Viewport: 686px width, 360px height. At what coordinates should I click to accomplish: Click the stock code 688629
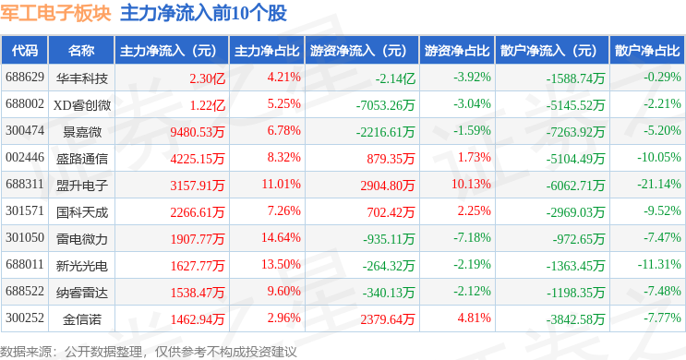pos(25,78)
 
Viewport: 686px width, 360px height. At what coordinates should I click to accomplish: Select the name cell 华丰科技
pos(82,78)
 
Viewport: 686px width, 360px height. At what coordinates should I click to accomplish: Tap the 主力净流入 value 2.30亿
pos(208,78)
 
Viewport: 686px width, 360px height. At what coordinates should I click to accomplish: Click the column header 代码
pos(25,51)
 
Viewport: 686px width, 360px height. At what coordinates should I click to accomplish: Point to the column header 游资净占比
pos(457,51)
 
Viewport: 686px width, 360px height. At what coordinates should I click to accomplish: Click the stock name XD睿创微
pos(82,105)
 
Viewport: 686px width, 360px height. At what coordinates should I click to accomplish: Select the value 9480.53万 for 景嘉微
pos(198,132)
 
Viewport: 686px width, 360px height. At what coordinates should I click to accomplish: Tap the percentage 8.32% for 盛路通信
pos(284,158)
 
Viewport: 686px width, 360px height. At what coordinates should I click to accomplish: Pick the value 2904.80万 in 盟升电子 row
pos(388,186)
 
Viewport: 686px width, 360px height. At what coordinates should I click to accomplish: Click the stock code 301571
pos(25,211)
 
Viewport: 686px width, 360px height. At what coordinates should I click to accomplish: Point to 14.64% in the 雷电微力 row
pos(281,238)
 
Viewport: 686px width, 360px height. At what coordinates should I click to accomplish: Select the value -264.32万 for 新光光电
pos(389,266)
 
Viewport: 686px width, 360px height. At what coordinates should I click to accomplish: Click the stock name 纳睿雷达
pos(82,293)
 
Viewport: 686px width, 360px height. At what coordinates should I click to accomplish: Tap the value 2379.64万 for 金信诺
pos(388,319)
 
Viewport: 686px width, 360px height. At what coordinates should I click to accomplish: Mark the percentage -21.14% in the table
pos(659,185)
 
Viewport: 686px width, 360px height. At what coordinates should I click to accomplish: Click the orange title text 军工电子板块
pos(55,13)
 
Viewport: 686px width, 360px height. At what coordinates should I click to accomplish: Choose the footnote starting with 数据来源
pos(149,352)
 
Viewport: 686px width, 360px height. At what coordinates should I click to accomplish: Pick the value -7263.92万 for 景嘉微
pos(575,132)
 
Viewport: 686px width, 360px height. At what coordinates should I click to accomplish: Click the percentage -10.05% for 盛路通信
pos(659,158)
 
